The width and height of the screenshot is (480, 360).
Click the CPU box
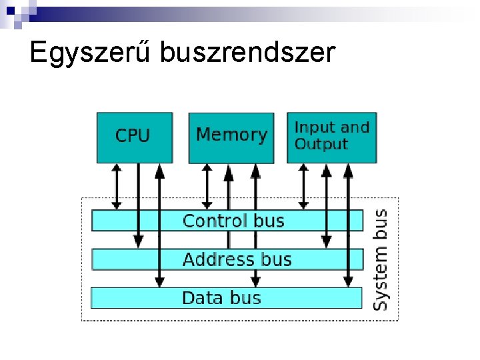(x=134, y=137)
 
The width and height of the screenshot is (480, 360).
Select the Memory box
(x=231, y=137)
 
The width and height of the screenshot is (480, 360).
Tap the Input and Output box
(x=331, y=137)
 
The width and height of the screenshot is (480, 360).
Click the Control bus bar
(x=227, y=221)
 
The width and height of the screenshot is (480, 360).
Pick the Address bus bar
(x=227, y=259)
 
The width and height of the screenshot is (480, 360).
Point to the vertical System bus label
(x=380, y=260)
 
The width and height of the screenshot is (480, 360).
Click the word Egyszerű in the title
(x=89, y=52)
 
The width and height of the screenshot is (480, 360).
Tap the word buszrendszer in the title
(x=247, y=52)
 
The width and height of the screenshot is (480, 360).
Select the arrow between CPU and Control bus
(x=117, y=187)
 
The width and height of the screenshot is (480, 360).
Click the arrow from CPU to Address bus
(x=138, y=200)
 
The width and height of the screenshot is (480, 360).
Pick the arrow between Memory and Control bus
(x=207, y=187)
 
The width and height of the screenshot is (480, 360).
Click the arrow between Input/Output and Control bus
(x=304, y=187)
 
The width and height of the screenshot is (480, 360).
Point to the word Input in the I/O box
(x=315, y=127)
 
